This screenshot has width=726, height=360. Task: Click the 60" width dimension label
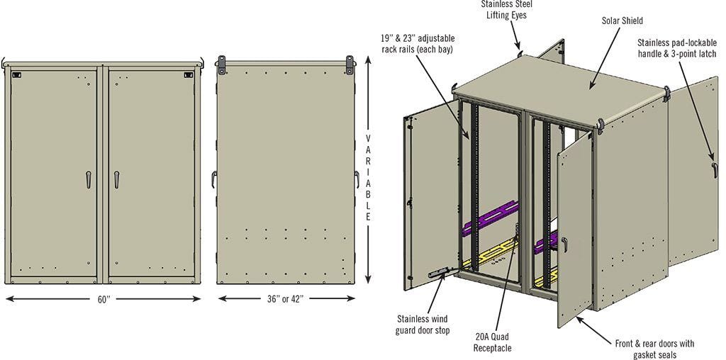point(104,299)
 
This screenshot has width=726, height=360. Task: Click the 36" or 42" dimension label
point(285,299)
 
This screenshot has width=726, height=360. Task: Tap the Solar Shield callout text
point(622,21)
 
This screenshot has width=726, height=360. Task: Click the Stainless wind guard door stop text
point(423,325)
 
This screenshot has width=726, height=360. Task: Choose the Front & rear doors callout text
point(654,349)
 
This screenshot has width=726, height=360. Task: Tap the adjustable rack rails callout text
point(418,43)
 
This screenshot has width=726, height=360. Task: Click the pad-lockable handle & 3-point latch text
point(676,48)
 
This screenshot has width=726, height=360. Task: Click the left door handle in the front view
point(89,179)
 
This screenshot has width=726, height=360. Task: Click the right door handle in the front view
point(116,179)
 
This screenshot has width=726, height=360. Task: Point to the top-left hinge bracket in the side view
point(221,64)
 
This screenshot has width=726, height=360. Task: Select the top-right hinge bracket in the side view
point(350,64)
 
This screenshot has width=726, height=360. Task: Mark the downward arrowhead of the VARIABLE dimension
point(368,279)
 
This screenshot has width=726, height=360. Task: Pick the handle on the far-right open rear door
point(715,170)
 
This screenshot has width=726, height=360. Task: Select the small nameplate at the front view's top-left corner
point(17,74)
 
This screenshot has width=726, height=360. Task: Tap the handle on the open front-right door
point(565,244)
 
